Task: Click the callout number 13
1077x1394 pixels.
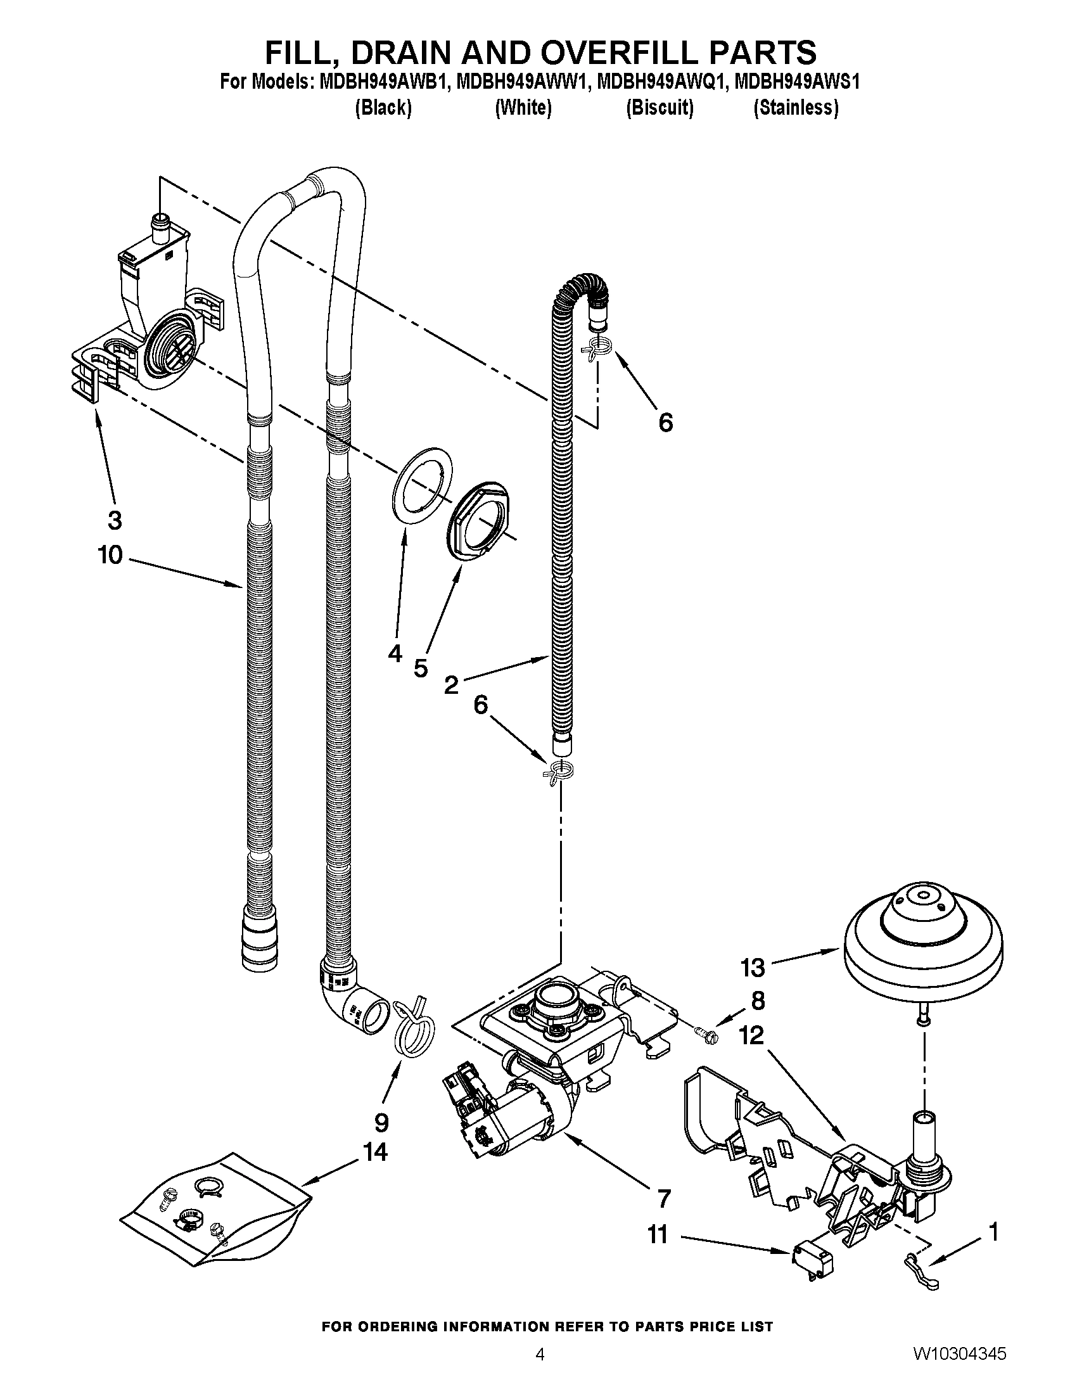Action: pyautogui.click(x=752, y=968)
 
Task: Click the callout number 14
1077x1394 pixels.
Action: pyautogui.click(x=375, y=1152)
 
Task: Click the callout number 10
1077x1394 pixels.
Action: pyautogui.click(x=110, y=554)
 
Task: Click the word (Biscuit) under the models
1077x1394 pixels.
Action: pyautogui.click(x=659, y=108)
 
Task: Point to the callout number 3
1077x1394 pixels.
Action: pyautogui.click(x=114, y=520)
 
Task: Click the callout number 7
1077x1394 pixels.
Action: pyautogui.click(x=663, y=1199)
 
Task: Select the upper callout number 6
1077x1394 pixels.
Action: pyautogui.click(x=665, y=422)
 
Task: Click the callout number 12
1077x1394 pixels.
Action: pyautogui.click(x=752, y=1035)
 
